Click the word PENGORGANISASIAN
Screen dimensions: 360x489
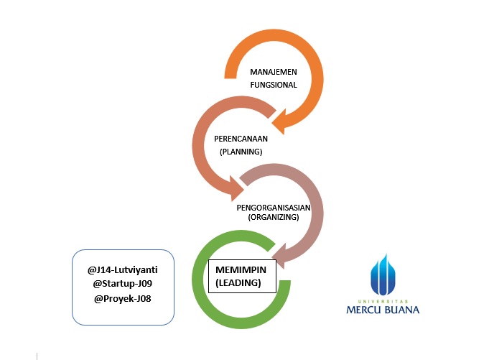click(x=273, y=206)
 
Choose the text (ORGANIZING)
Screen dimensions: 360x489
click(x=273, y=216)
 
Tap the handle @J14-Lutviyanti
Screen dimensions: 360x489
click(x=123, y=270)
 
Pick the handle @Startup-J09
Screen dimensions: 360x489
click(x=123, y=284)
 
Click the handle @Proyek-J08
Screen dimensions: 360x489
click(x=123, y=297)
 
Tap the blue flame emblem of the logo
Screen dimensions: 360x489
click(x=383, y=275)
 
